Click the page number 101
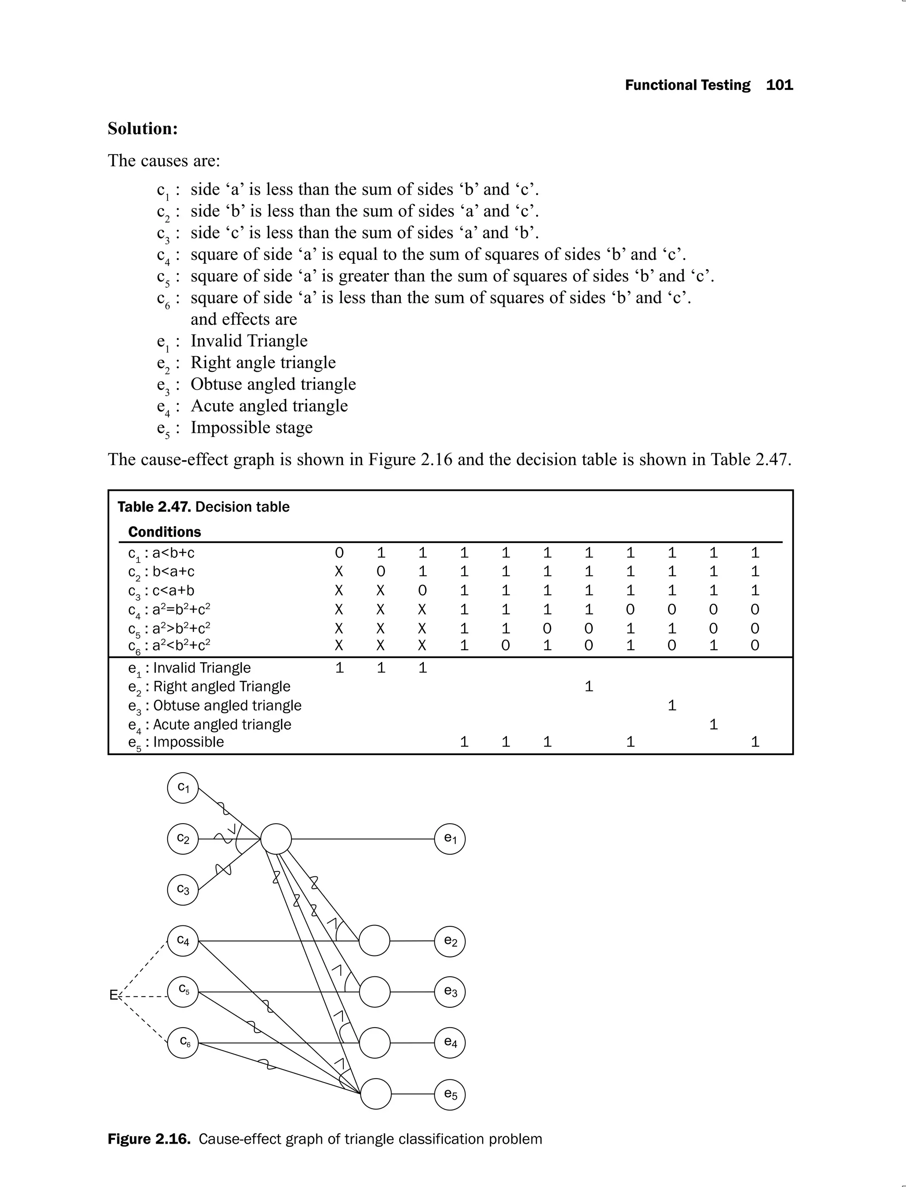(779, 85)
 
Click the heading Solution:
(142, 128)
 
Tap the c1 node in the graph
(183, 788)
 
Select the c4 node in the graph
(183, 941)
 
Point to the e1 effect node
(450, 839)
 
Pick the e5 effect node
(450, 1094)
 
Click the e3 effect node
(450, 992)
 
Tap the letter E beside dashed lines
(114, 995)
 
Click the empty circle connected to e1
(276, 839)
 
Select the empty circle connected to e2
(374, 941)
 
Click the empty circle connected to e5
(375, 1094)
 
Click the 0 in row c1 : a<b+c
(339, 552)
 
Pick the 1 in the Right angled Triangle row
(589, 686)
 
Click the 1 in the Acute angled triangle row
(714, 724)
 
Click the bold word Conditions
(165, 532)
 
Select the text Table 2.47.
(154, 507)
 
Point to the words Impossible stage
(251, 428)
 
